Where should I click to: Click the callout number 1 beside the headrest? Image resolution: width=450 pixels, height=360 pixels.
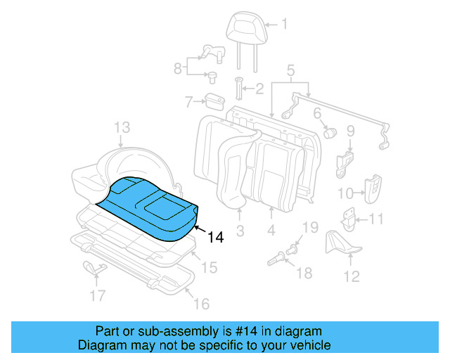point(284,25)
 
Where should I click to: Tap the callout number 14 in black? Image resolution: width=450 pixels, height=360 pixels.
point(215,238)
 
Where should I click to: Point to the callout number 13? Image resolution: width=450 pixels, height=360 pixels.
point(122,127)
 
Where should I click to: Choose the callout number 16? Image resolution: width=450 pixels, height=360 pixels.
point(201,304)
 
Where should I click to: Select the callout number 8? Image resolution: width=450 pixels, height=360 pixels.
point(178,68)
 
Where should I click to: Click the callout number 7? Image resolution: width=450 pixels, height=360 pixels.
point(188,103)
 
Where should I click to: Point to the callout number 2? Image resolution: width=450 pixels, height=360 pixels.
point(258,89)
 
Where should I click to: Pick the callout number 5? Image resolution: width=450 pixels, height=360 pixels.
point(290,70)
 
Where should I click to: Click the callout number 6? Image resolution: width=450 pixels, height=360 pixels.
point(317,113)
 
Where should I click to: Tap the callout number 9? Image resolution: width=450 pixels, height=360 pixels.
point(351,131)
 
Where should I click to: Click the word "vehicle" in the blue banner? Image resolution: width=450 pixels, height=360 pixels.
point(307,345)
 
